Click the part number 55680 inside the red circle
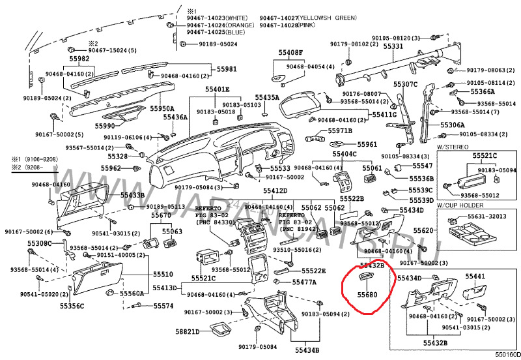(367, 295)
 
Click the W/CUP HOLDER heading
(458, 206)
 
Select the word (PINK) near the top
(307, 25)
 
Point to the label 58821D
(188, 332)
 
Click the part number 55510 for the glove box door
(163, 275)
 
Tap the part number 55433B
(133, 195)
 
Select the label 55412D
(275, 190)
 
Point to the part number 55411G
(384, 115)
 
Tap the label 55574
(163, 306)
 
